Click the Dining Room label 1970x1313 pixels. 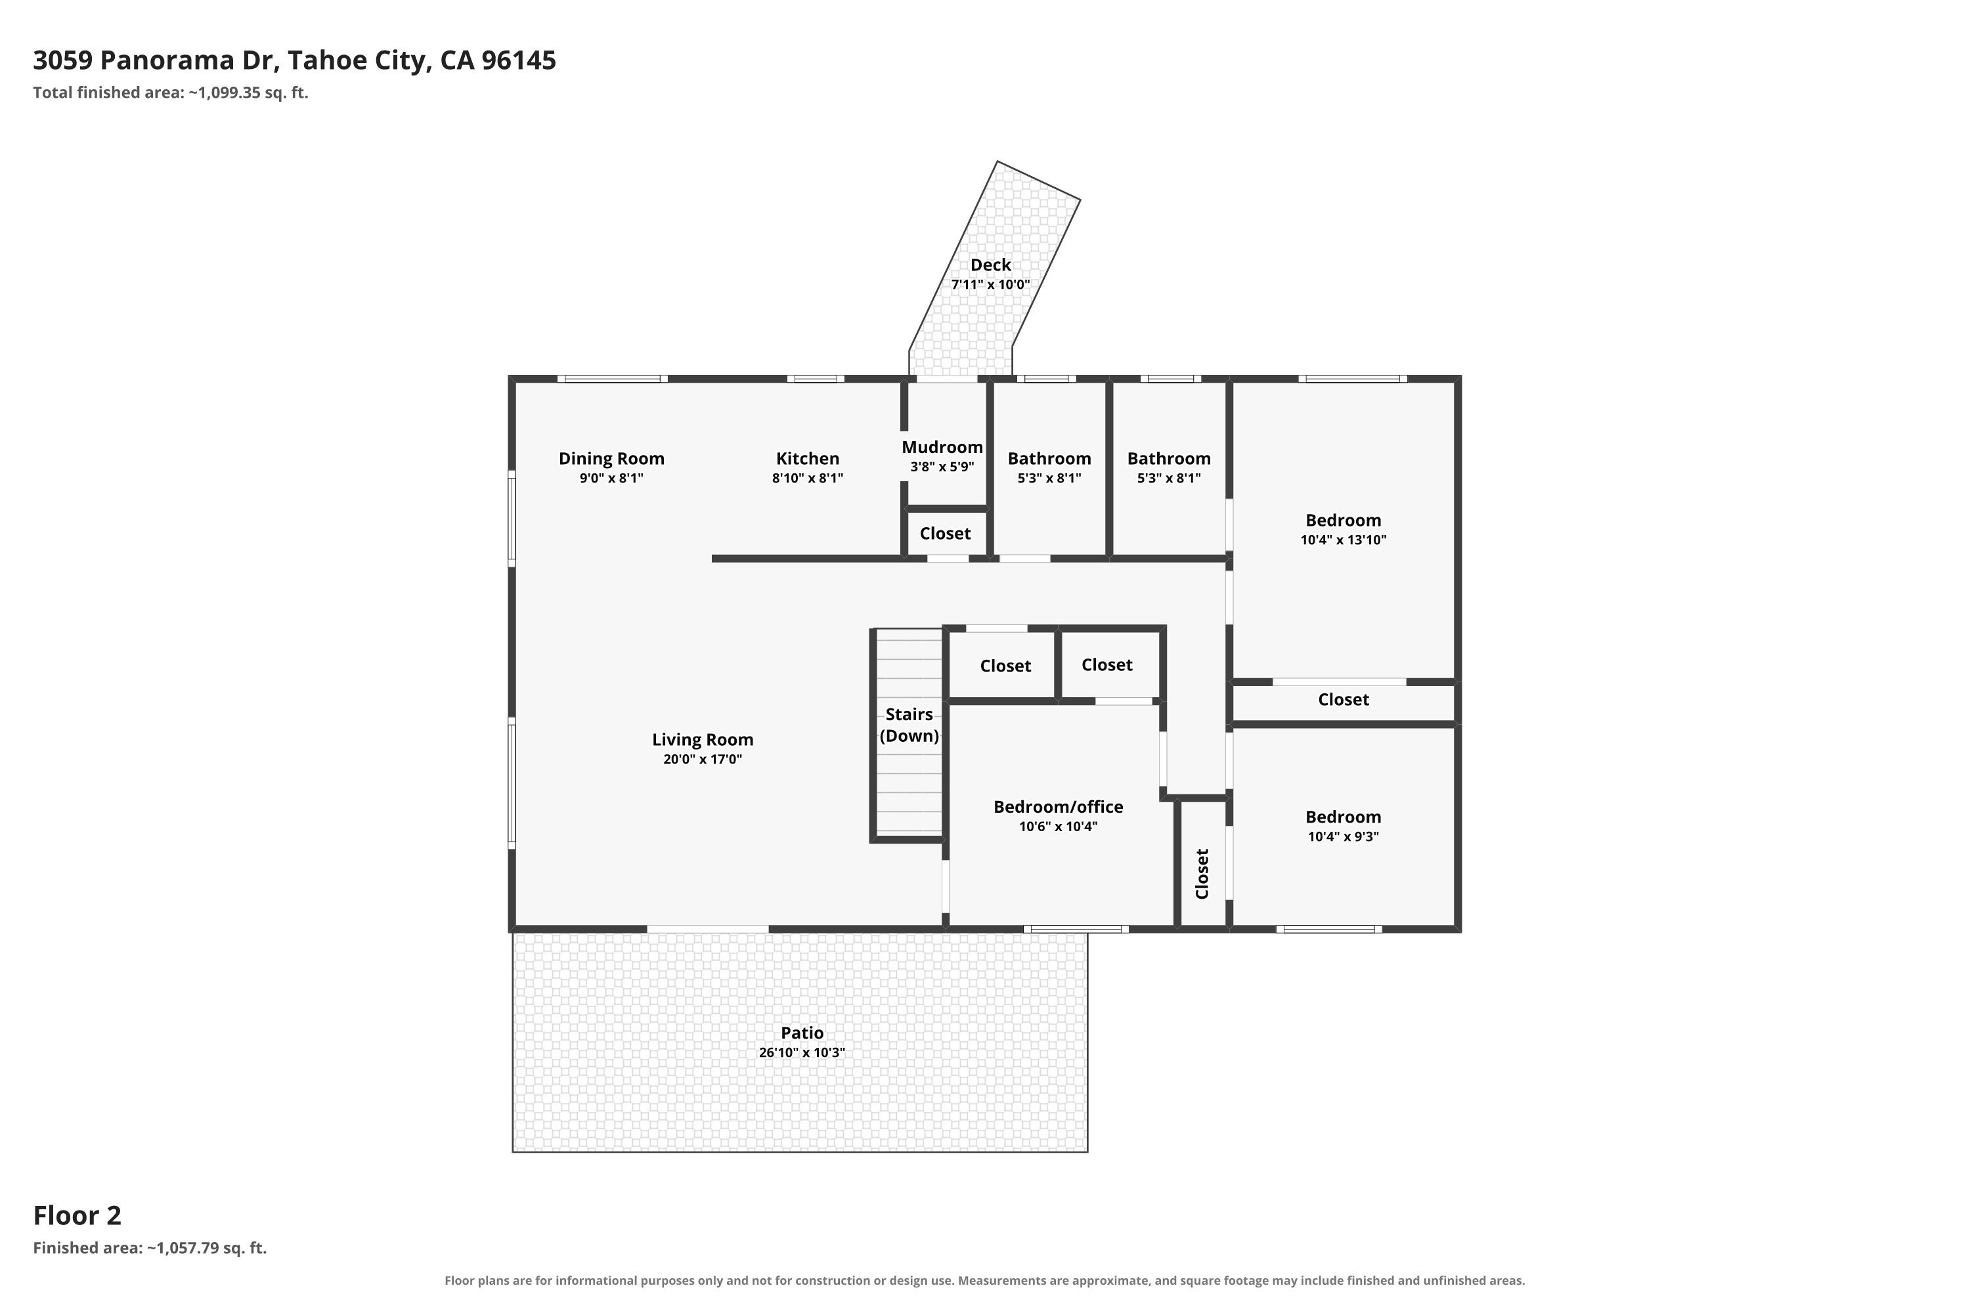tap(611, 459)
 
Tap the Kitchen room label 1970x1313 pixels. tap(808, 459)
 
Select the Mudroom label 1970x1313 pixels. tap(942, 447)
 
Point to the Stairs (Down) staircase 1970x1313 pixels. tap(909, 733)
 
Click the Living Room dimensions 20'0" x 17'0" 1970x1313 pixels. tap(703, 760)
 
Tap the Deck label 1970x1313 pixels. tap(991, 265)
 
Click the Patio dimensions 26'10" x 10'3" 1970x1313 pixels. tap(802, 1052)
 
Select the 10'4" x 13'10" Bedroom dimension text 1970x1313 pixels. tap(1344, 540)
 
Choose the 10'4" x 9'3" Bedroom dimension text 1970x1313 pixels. tap(1344, 836)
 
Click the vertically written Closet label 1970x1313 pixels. tap(1202, 874)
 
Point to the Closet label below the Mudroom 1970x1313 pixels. tap(945, 533)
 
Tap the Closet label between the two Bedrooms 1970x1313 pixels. tap(1344, 699)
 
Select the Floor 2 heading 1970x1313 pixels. tap(77, 1215)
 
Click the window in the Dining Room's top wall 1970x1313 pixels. tap(613, 379)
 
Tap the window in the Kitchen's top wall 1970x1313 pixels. tap(816, 379)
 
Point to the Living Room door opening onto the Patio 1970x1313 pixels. tap(708, 929)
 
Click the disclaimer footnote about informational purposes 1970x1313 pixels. tap(985, 1280)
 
